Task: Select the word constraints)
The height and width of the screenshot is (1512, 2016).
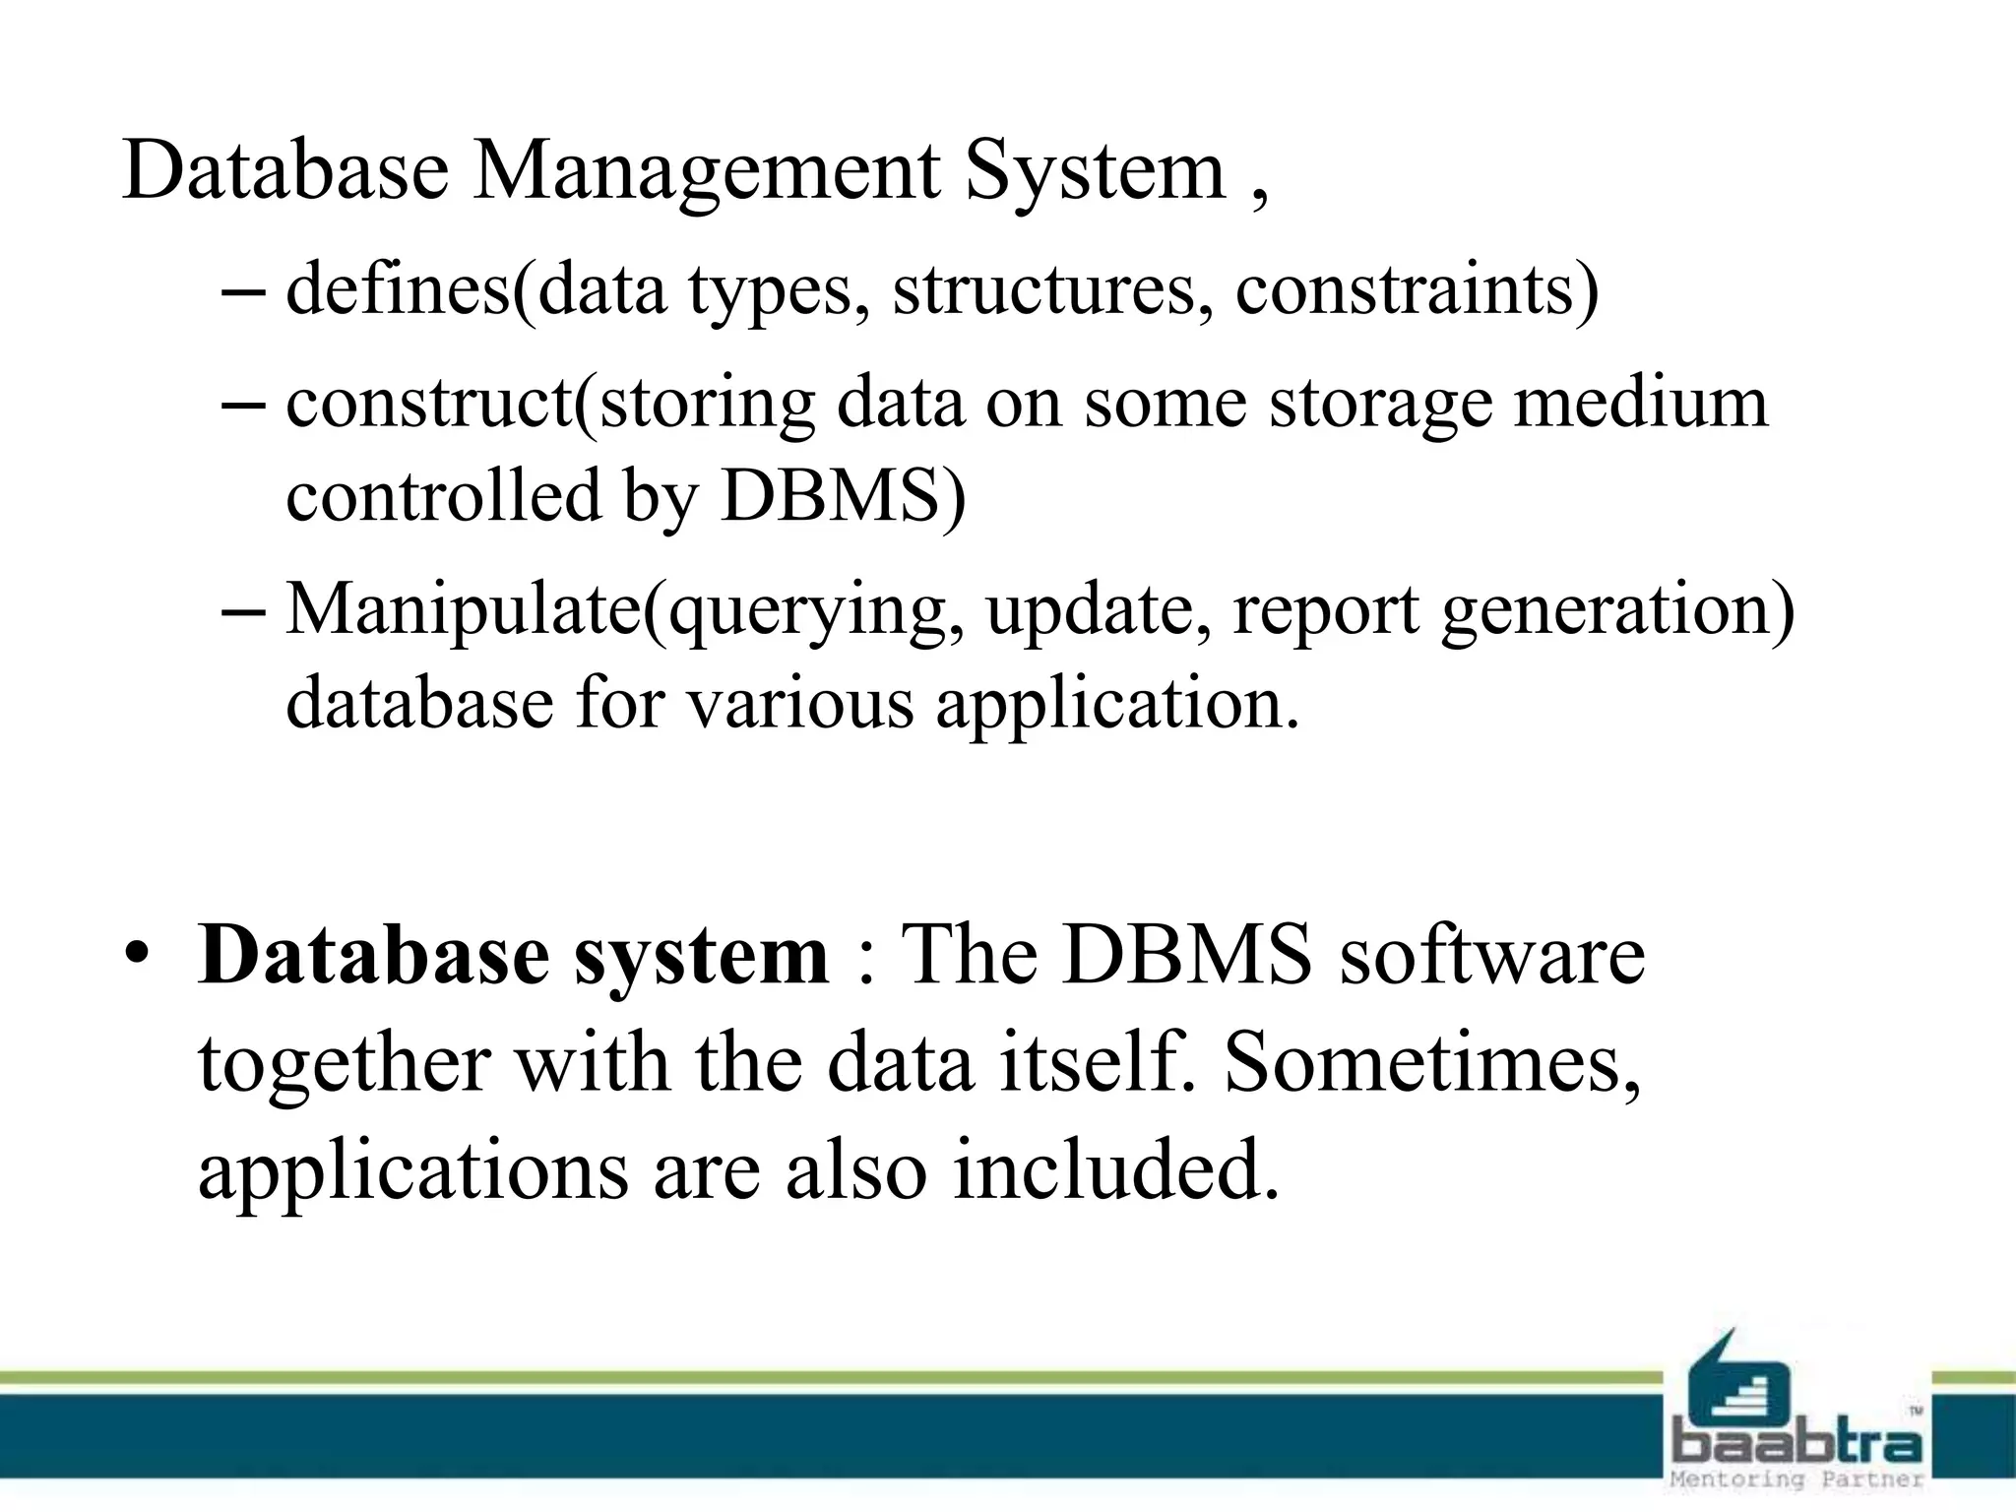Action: pos(1417,289)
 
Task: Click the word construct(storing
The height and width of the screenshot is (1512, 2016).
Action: pos(550,404)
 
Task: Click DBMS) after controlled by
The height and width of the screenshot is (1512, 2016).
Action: pos(843,495)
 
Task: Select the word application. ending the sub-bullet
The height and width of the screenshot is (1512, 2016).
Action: pos(1117,705)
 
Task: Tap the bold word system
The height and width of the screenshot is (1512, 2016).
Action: pos(701,956)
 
